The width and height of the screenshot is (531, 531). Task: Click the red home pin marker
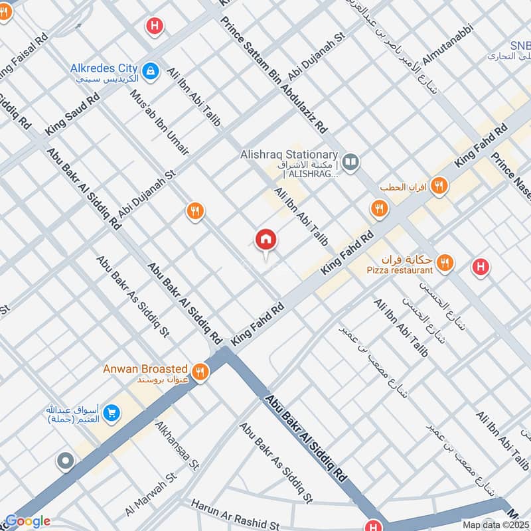(266, 240)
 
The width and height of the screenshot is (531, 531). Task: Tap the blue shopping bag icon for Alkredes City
(151, 69)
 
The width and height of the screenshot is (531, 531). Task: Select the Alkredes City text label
(104, 68)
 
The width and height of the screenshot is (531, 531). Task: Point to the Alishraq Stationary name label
(289, 154)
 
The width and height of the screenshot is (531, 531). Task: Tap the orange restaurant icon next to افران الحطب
(438, 187)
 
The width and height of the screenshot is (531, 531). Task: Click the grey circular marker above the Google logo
(65, 461)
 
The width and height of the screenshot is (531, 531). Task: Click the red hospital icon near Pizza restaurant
(481, 267)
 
